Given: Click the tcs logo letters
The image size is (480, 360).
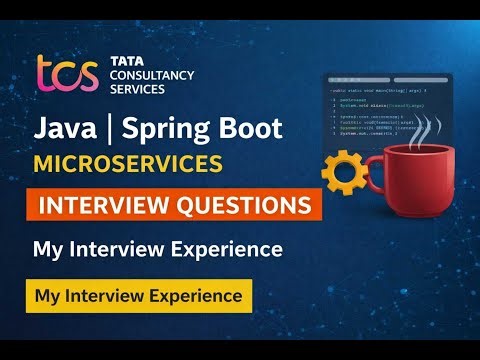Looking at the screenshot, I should click(x=65, y=74).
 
